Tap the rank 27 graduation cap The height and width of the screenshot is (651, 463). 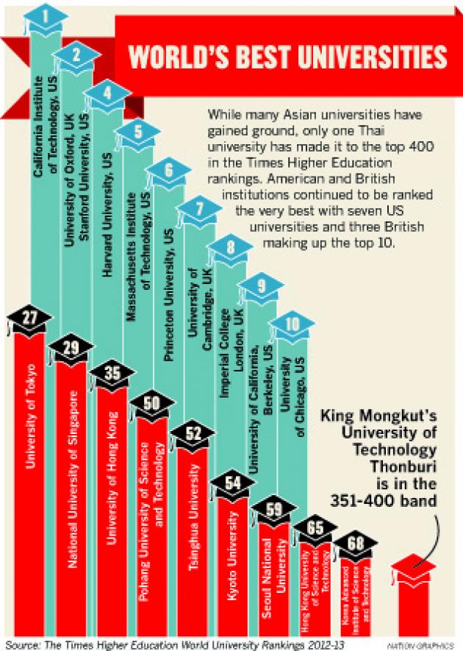pos(26,317)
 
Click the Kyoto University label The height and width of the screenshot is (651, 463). pos(232,559)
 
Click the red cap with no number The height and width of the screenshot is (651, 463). pos(415,570)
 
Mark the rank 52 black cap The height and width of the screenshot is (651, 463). pos(193,433)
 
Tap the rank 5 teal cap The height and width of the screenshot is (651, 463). pos(137,133)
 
